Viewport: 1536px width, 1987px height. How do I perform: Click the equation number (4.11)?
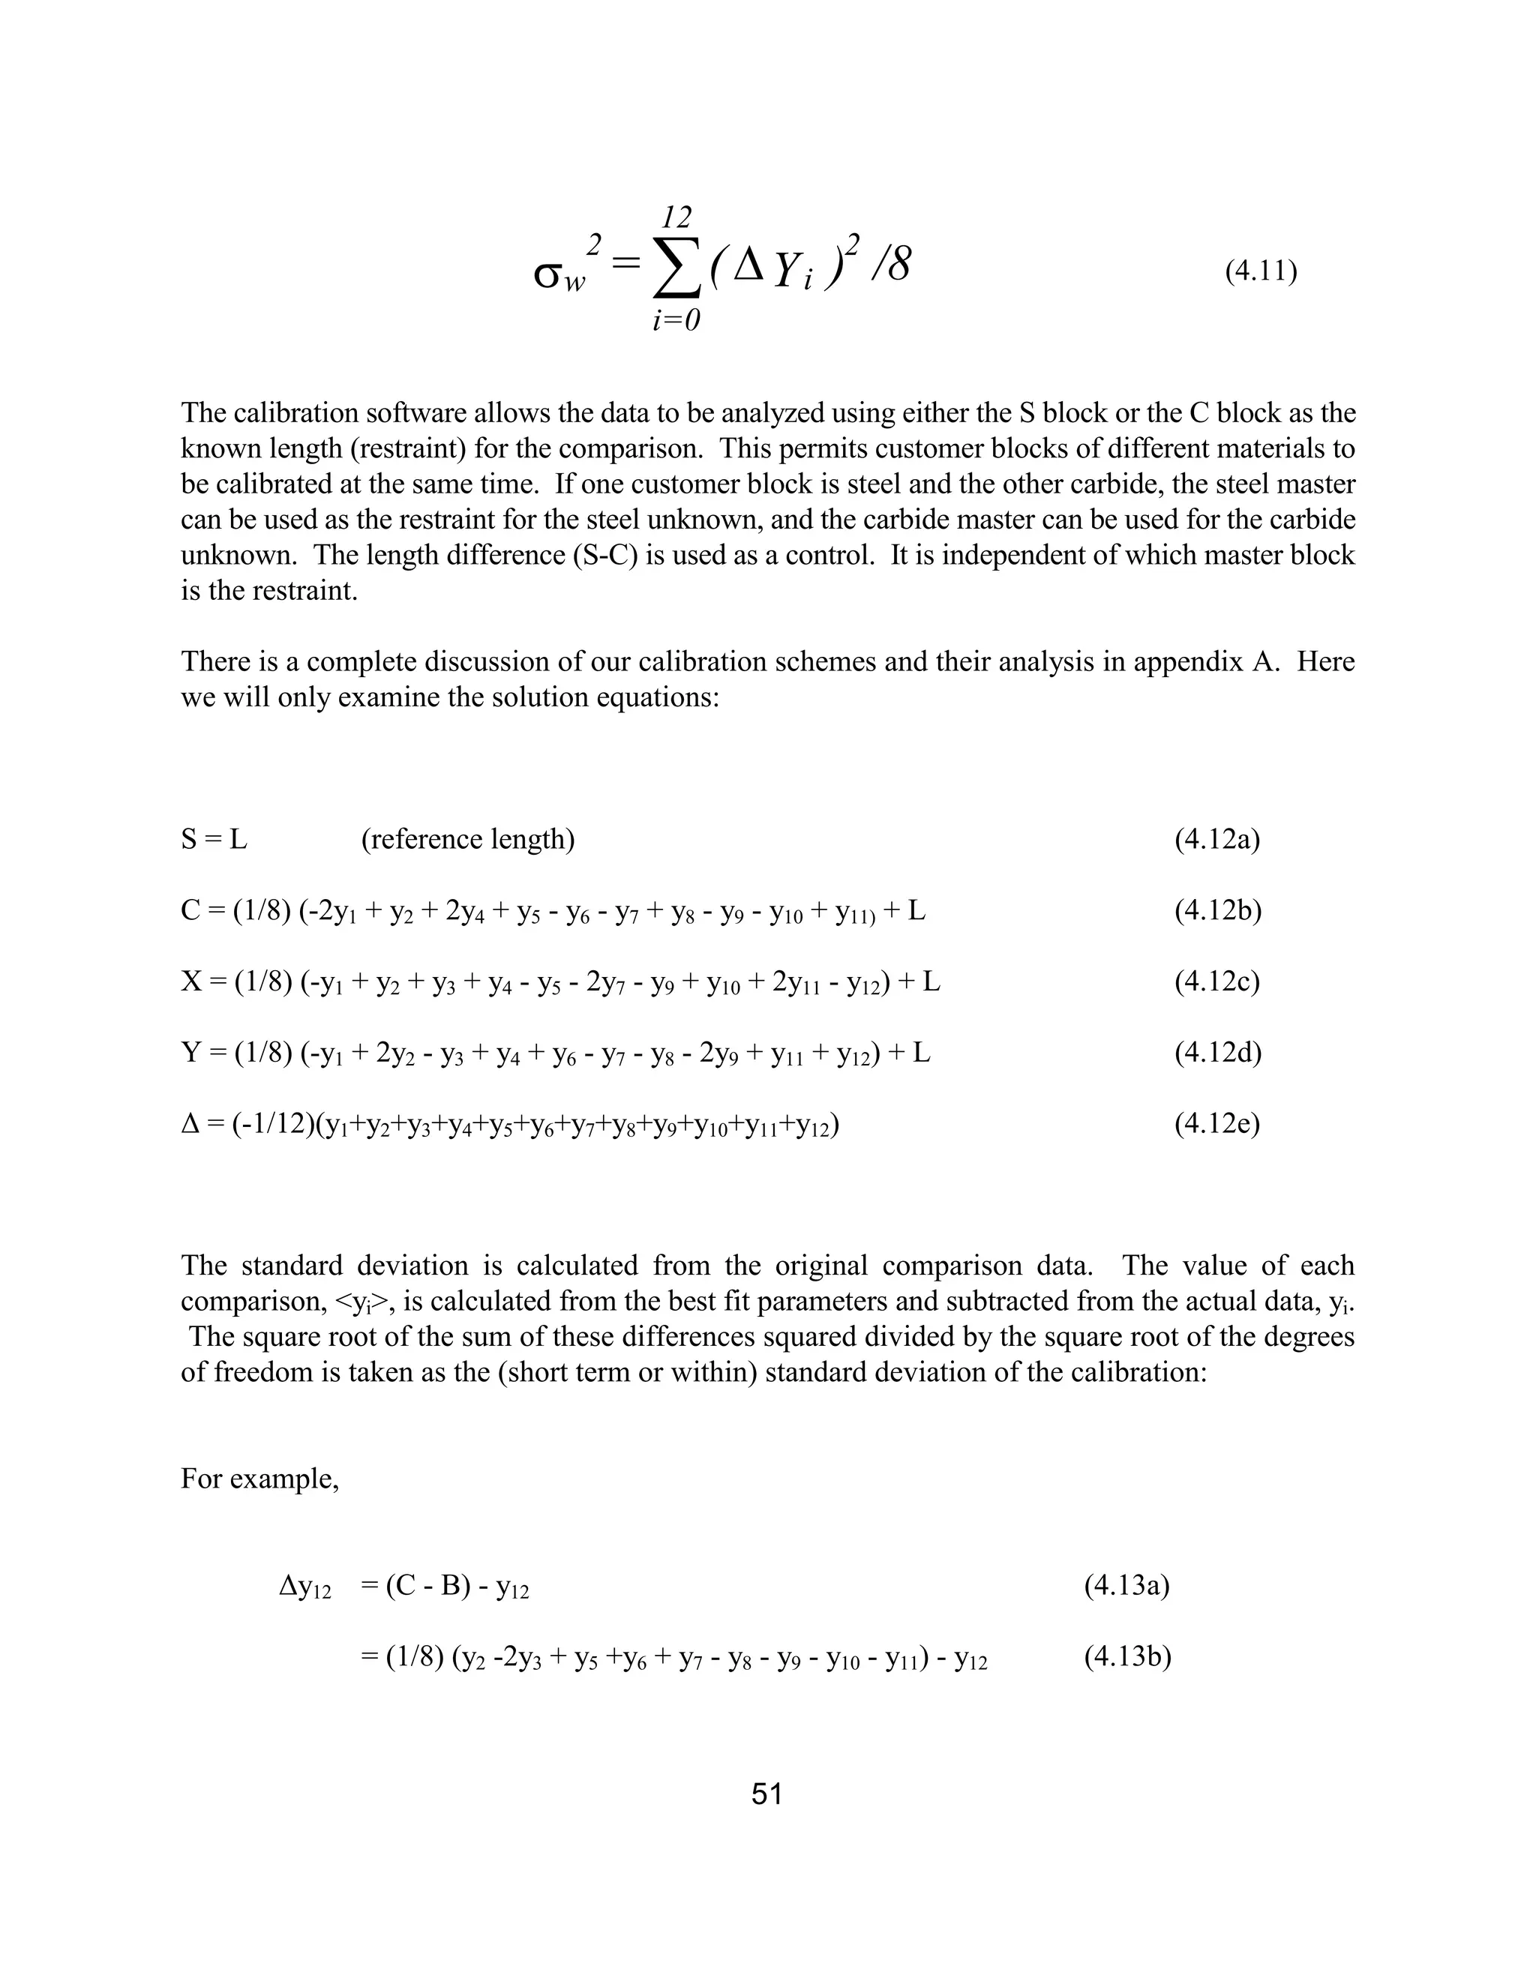pos(1260,271)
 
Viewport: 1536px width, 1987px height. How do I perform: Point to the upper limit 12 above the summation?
pos(676,217)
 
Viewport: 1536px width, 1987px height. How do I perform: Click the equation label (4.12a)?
pos(1216,839)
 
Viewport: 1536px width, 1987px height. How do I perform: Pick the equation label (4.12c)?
pos(1216,982)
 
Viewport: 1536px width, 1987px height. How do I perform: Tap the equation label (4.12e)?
pos(1216,1125)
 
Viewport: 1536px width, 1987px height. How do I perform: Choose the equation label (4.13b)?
pos(1126,1657)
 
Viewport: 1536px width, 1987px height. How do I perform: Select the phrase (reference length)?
pos(468,839)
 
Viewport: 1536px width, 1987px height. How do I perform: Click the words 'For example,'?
pos(259,1479)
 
